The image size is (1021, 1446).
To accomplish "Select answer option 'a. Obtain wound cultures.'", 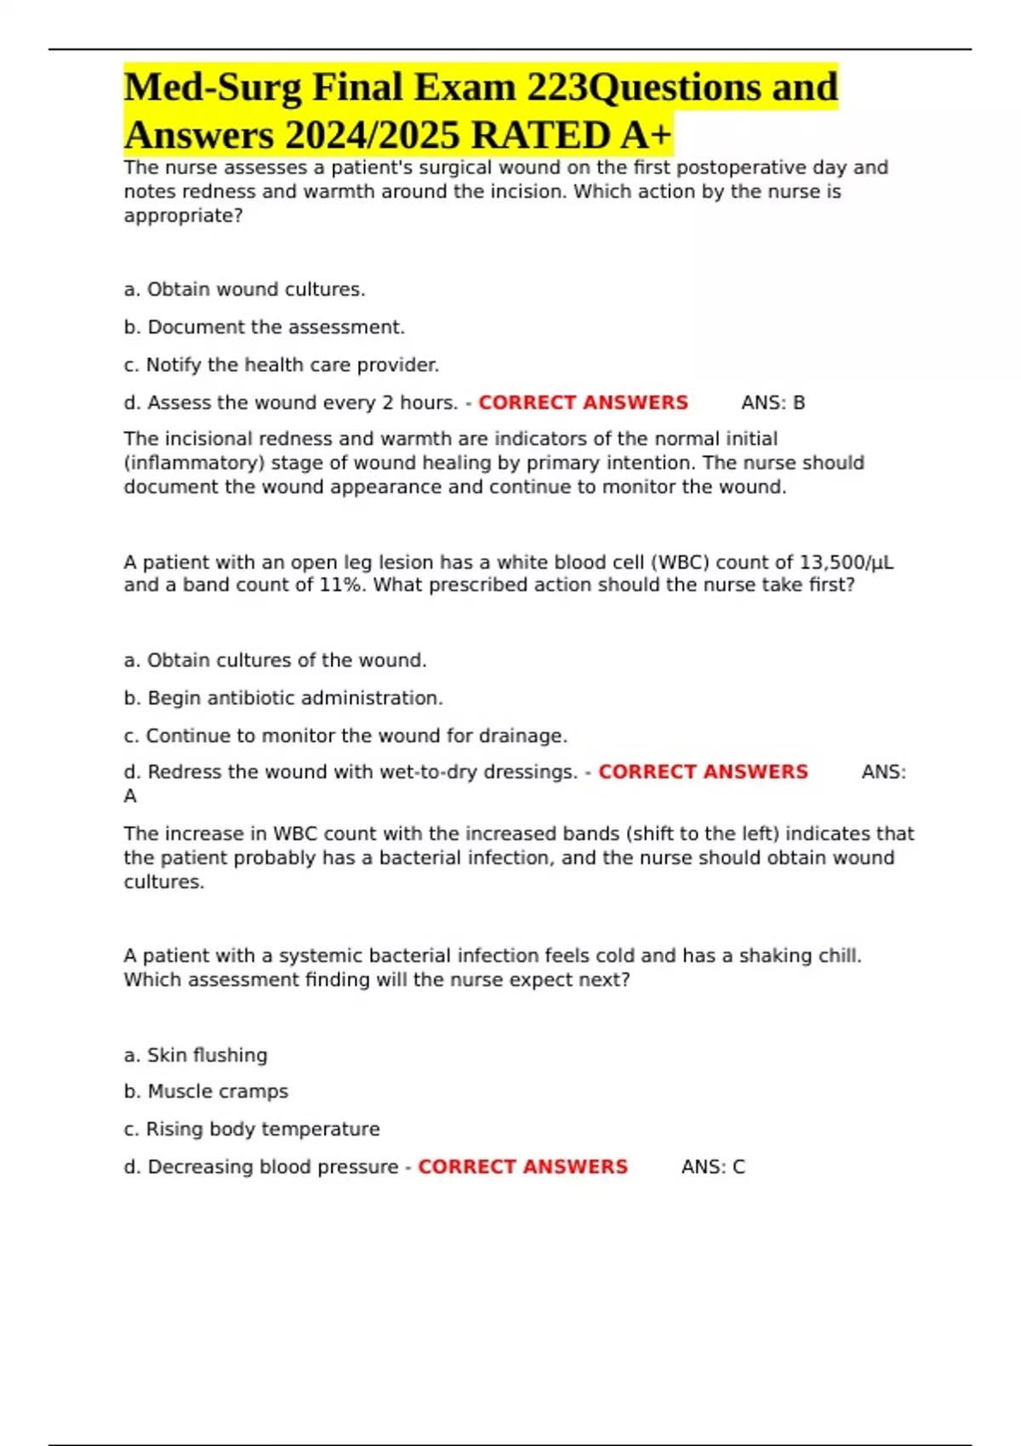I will click(x=244, y=290).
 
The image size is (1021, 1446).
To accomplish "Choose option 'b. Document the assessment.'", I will click(x=264, y=327).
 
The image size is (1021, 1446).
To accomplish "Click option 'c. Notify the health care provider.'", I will click(x=281, y=365).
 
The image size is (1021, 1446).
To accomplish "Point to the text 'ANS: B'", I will click(x=773, y=403).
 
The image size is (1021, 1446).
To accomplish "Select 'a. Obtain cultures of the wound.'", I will click(x=275, y=661).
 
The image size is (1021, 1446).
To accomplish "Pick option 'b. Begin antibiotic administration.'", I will click(x=283, y=698).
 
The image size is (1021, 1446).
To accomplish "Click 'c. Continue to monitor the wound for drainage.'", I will click(x=345, y=736).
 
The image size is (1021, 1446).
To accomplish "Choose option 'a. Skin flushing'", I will click(x=196, y=1056).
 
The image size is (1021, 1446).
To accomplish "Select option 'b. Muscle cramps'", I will click(x=206, y=1091).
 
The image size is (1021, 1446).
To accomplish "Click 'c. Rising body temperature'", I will click(x=252, y=1130).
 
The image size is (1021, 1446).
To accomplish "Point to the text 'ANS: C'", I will click(x=713, y=1167).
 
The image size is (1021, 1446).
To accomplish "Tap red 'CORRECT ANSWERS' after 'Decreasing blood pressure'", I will click(x=522, y=1167).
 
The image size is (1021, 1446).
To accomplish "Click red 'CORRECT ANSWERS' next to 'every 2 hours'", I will click(x=583, y=403).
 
